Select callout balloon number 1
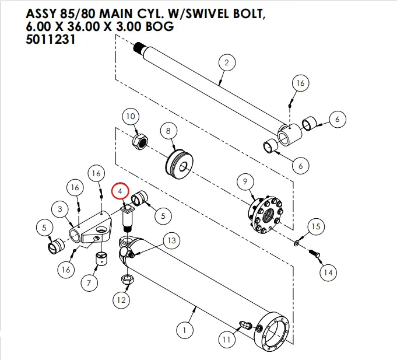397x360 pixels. [185, 331]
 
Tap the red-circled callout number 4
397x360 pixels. [120, 191]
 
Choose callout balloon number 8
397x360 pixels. [169, 131]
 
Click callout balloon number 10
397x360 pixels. [131, 117]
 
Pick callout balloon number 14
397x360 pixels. [328, 272]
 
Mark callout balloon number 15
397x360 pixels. [315, 226]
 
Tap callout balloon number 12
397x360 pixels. [121, 300]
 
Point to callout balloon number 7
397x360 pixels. [89, 284]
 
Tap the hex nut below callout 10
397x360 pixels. [142, 141]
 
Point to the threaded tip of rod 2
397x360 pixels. [140, 47]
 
